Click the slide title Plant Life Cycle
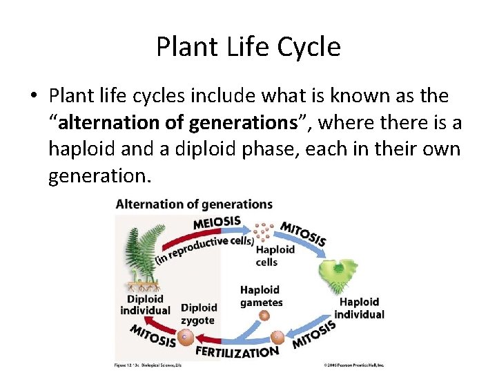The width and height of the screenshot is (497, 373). (248, 47)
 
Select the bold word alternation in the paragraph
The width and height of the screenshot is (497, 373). (105, 123)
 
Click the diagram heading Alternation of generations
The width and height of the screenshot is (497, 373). (194, 204)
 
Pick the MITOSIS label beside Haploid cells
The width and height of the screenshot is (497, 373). (302, 234)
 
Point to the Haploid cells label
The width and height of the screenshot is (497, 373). (275, 256)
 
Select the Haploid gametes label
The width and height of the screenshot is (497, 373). (261, 296)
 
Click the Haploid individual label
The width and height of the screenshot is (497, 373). (359, 308)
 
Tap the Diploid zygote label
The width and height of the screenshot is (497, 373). (198, 314)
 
